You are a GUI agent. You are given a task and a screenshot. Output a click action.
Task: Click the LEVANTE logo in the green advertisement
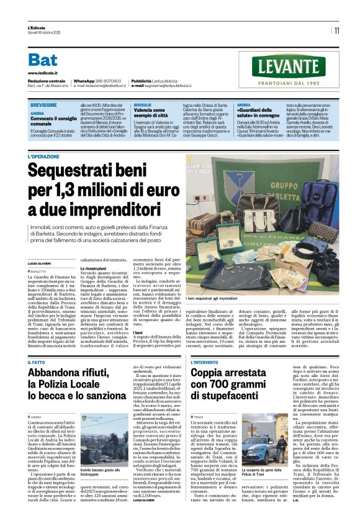[x=289, y=66]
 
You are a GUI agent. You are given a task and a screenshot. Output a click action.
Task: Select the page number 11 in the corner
[x=336, y=30]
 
